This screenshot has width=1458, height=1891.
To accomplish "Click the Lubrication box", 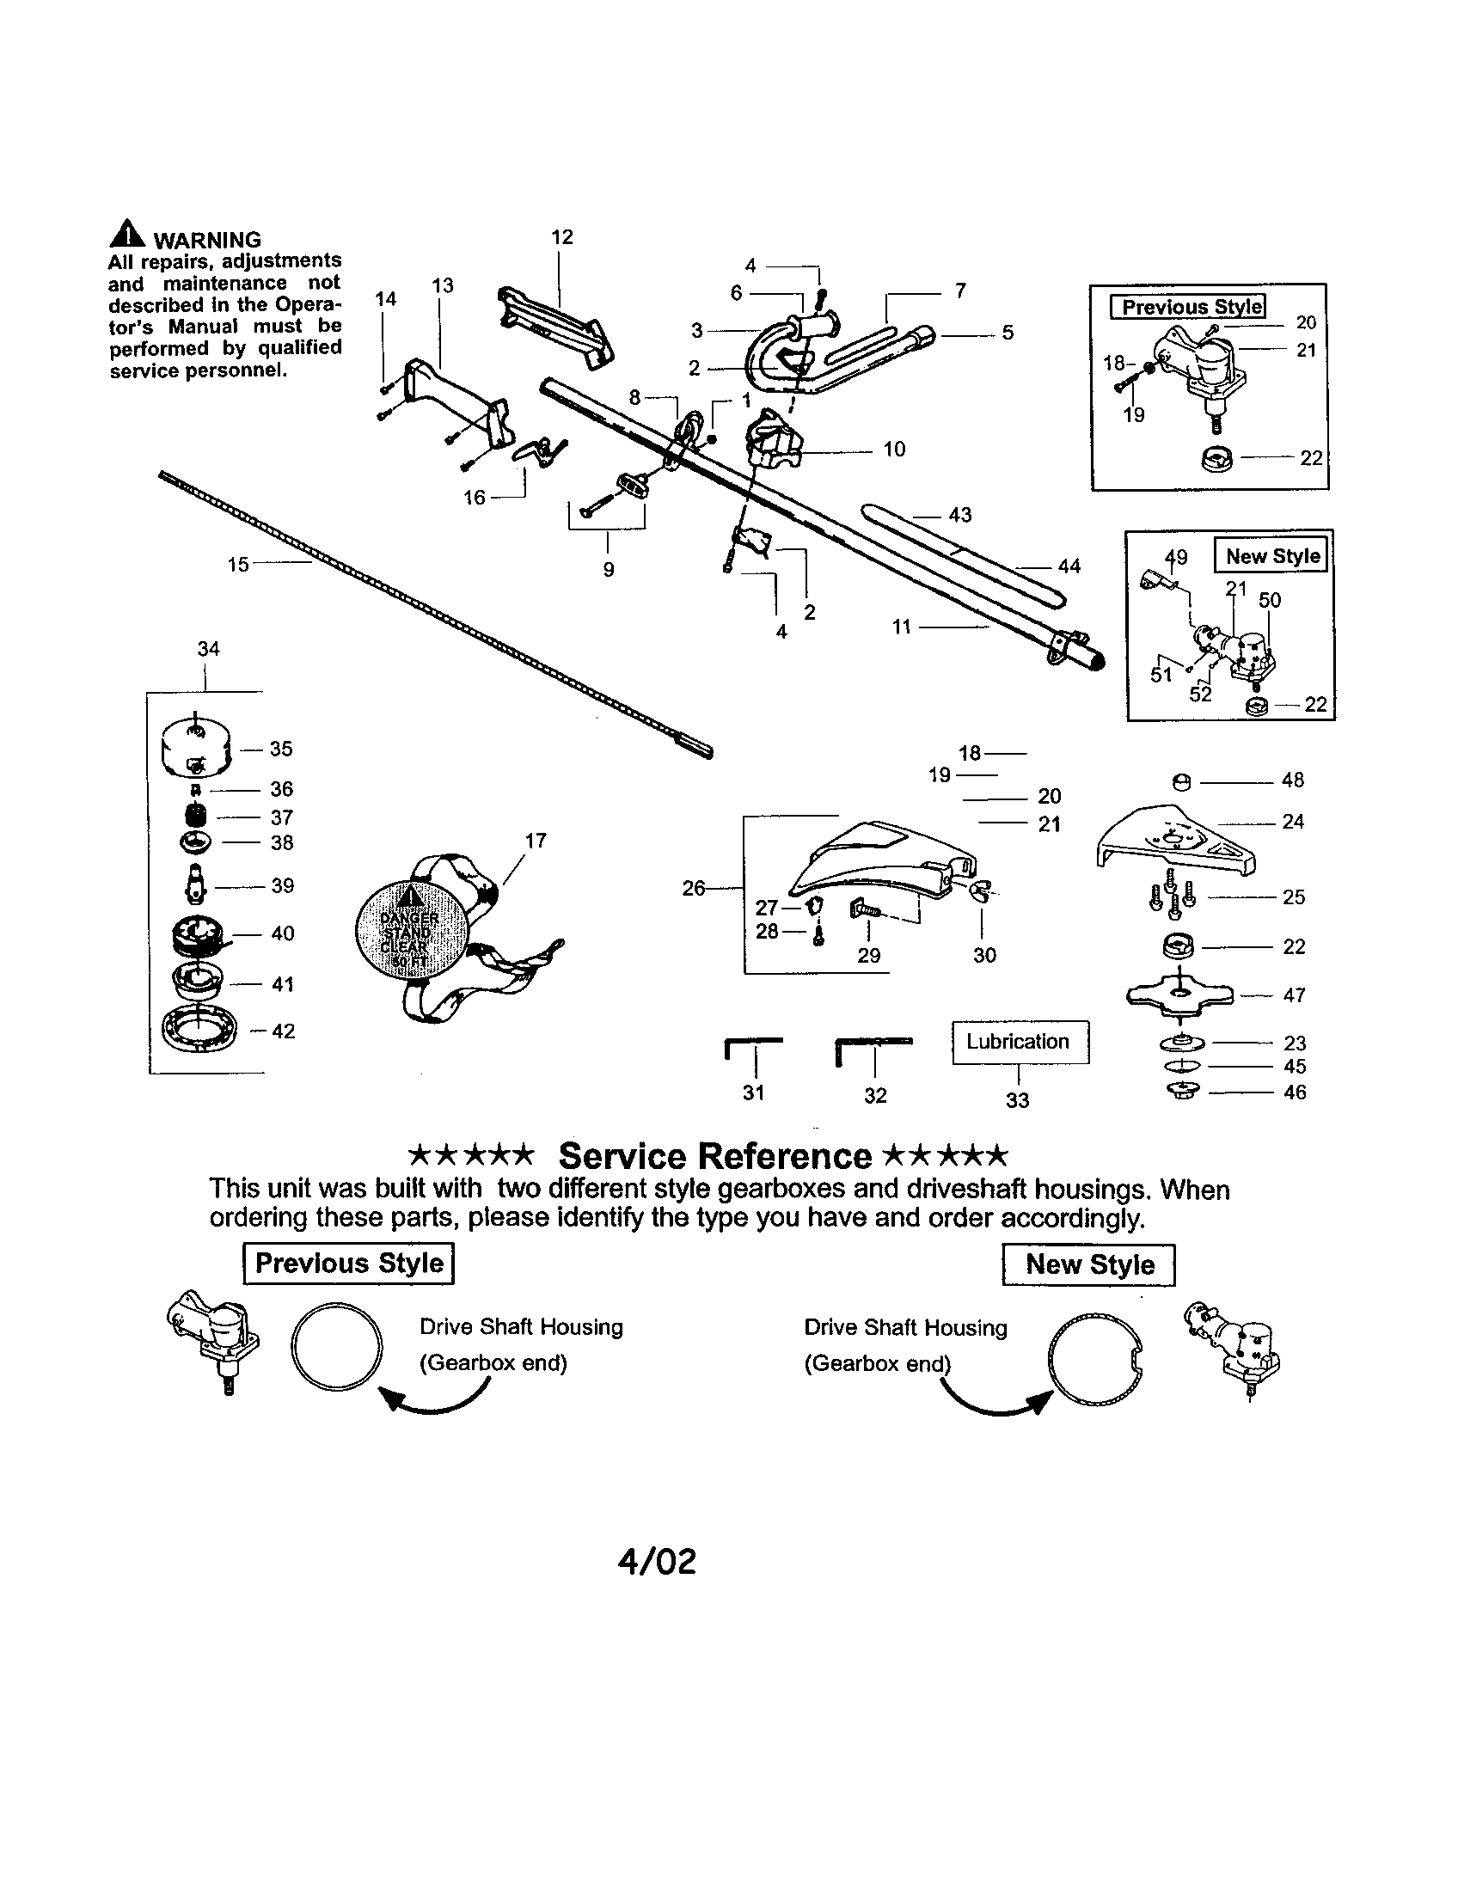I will pos(1020,1042).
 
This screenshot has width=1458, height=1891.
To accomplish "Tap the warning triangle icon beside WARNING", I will pos(126,235).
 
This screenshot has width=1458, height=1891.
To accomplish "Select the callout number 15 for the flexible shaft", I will pos(238,565).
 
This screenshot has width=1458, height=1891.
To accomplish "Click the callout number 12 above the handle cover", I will pos(562,237).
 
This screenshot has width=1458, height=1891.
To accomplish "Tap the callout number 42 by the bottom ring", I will pos(283,1031).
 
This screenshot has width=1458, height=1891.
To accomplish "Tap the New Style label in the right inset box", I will pos(1271,556).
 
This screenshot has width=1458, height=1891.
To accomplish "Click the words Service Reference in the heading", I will pos(714,1157).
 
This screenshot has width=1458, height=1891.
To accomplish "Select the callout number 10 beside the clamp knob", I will pos(893,450).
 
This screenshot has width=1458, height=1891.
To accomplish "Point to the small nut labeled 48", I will pos(1180,782).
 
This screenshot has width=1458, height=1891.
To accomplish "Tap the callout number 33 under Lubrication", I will pos(1017,1100).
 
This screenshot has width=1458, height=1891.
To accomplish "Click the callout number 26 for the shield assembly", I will pos(694,889).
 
